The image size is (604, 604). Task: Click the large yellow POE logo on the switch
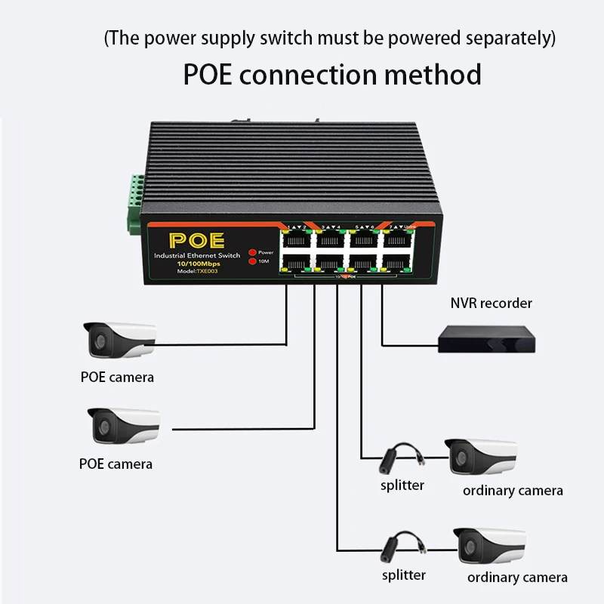coord(196,241)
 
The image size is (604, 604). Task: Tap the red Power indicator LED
coord(252,252)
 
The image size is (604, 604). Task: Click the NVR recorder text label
coord(492,304)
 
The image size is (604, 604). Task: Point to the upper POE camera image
coord(119,340)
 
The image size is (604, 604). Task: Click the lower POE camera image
coord(123,426)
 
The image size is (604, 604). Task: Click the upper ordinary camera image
coord(482,458)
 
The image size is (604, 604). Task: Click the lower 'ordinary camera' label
coord(517,578)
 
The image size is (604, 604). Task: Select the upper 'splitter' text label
coord(402,485)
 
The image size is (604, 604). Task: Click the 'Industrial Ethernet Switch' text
coord(196,256)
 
